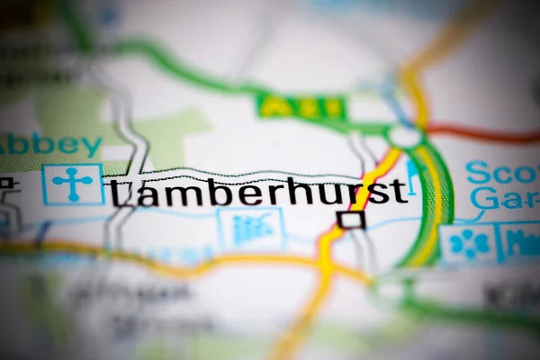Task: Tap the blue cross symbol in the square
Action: tap(73, 184)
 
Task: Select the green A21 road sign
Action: tap(301, 107)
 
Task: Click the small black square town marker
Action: tap(351, 220)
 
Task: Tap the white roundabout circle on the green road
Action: tap(405, 136)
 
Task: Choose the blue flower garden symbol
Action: tap(468, 243)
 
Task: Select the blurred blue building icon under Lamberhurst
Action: tap(251, 229)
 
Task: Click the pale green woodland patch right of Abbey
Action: tap(171, 135)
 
